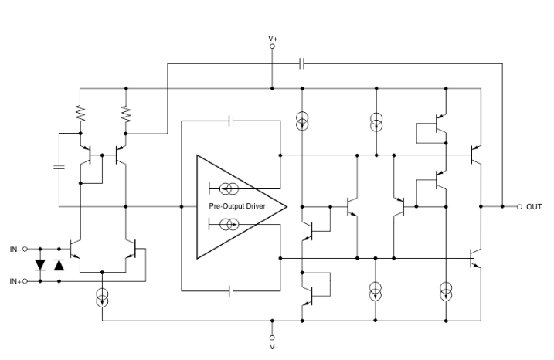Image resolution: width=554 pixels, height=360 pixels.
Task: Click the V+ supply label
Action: (272, 37)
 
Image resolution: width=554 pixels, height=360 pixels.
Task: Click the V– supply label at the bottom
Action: (272, 347)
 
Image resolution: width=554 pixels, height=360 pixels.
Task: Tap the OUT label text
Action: (534, 207)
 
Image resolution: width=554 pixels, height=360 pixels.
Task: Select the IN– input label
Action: (15, 249)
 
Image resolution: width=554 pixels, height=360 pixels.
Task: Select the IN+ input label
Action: (15, 281)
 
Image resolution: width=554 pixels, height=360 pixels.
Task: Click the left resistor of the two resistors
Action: (80, 114)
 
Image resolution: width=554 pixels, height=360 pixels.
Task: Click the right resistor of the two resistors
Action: (127, 114)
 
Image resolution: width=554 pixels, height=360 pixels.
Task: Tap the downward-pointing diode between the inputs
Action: (41, 265)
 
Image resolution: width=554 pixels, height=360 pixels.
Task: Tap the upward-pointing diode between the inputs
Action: (59, 265)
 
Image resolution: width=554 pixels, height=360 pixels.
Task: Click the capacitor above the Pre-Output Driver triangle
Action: (231, 121)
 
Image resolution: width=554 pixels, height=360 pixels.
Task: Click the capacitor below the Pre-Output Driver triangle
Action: (231, 291)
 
